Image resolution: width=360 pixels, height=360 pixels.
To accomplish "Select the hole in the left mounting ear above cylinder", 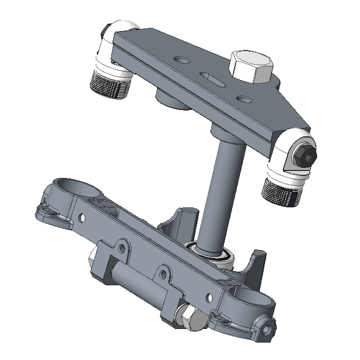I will [123, 248].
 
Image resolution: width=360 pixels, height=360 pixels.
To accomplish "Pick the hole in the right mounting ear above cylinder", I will [163, 274].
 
